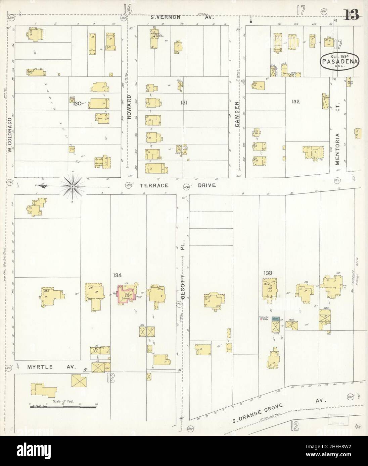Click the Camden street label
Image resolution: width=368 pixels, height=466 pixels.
(x=237, y=114)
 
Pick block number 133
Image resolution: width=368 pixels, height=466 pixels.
(x=268, y=273)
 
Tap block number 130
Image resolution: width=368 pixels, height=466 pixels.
(x=78, y=104)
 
